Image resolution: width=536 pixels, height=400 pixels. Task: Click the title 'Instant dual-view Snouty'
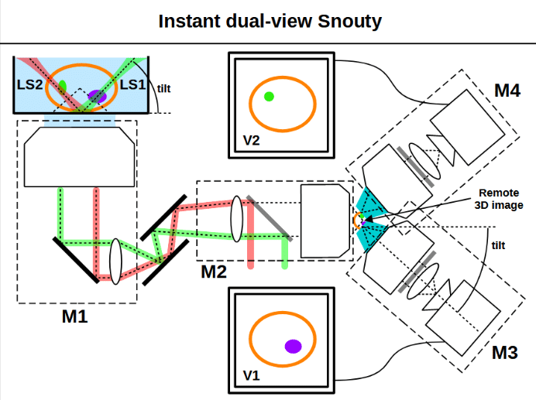[x=270, y=21]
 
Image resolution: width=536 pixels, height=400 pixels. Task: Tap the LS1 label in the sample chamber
[x=132, y=84]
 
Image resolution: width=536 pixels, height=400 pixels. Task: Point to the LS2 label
[x=29, y=84]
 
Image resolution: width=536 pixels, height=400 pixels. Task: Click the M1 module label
[x=75, y=316]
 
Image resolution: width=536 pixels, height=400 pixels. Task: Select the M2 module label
[x=214, y=272]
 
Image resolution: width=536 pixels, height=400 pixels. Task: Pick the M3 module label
[x=505, y=353]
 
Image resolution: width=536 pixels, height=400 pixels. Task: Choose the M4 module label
[x=507, y=91]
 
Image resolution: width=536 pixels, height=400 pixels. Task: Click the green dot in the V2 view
[x=269, y=97]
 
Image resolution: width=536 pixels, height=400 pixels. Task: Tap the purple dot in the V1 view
[x=294, y=347]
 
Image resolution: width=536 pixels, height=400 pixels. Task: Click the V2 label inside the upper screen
[x=251, y=140]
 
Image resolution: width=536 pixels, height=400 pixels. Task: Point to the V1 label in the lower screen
[x=251, y=376]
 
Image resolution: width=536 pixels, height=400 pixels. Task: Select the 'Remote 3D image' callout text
[x=499, y=199]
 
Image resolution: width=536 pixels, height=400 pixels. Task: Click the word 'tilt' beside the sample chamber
[x=163, y=89]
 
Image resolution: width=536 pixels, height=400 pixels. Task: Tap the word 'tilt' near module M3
[x=498, y=245]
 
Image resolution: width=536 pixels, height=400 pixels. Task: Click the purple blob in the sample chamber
[x=97, y=97]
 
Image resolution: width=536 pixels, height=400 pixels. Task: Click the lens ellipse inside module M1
[x=115, y=262]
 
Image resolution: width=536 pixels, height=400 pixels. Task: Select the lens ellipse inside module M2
[x=237, y=219]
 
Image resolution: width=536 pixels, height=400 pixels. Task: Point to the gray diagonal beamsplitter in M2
[x=270, y=218]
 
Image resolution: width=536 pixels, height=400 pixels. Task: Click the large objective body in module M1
[x=79, y=157]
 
